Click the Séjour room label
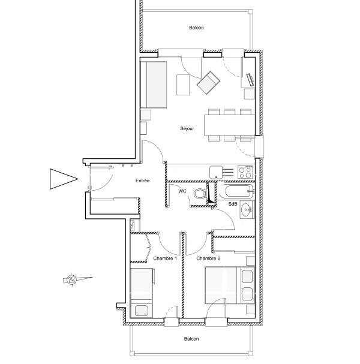pos(187,128)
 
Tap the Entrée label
pos(142,181)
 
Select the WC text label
pos(182,191)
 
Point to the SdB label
pos(233,204)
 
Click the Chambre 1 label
pos(165,258)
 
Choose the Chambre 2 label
pos(208,258)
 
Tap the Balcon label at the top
pos(196,28)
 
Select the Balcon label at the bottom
pos(191,339)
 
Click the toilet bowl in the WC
pos(200,193)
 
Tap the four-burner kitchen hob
pos(245,172)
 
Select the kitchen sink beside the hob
pos(216,172)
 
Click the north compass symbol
pos(71,279)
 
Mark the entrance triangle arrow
pos(64,179)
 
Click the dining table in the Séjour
pos(229,125)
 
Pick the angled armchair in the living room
pos(208,83)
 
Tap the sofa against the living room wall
pos(154,85)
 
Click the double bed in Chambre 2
pos(230,285)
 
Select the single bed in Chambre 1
pos(142,293)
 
